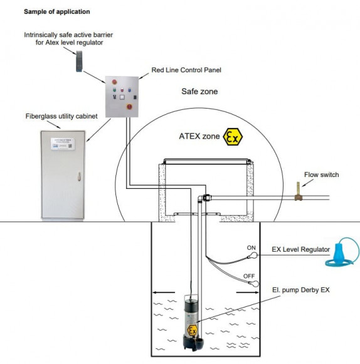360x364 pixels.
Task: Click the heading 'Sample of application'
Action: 56,11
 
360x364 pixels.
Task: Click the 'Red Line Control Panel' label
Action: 186,70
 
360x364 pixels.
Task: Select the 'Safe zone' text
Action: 199,92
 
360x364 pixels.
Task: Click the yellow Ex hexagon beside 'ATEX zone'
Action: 233,137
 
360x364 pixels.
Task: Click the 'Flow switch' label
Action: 319,174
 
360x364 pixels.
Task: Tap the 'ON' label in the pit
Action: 251,247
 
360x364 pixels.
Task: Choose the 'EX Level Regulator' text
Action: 300,250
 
